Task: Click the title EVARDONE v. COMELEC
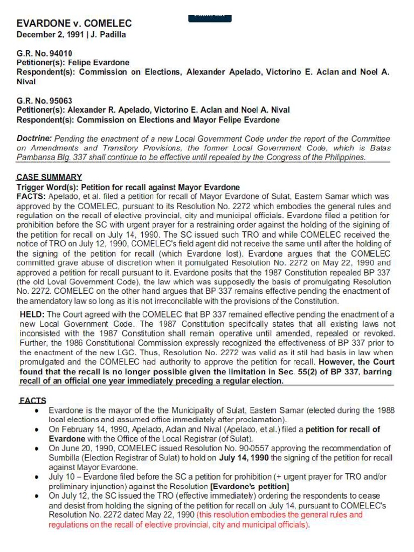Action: coord(74,24)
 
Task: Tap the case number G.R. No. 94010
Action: coord(44,53)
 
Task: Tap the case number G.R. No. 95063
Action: coord(44,101)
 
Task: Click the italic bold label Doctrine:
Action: coord(34,139)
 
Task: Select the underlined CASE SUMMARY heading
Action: coord(49,177)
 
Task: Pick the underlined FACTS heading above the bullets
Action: coord(32,401)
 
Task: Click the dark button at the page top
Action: coord(210,17)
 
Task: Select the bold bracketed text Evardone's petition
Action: coord(250,487)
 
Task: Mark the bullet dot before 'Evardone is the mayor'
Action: coord(36,410)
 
